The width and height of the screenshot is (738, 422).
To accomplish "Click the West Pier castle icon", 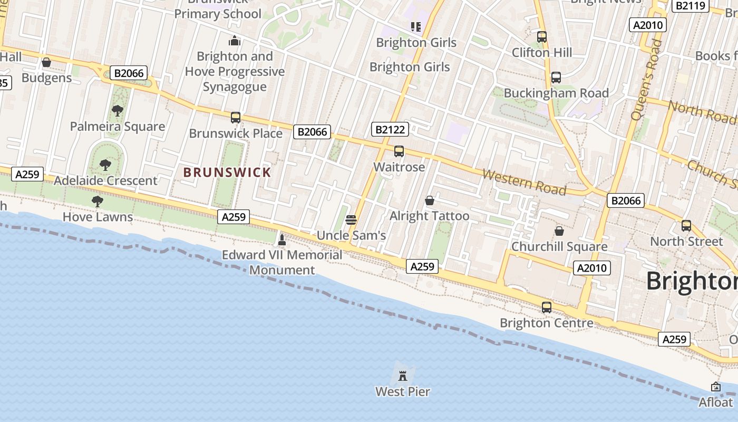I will click(403, 376).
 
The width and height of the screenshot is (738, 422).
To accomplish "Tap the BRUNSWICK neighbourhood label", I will click(227, 172).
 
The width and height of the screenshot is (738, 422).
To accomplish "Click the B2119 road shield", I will click(690, 5).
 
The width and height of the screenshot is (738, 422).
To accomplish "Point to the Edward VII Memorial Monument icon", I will click(282, 241).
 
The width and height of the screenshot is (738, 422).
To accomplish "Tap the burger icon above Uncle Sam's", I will click(352, 220).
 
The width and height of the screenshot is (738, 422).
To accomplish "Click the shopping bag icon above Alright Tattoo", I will click(430, 200).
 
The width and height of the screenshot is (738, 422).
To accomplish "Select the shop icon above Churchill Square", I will click(559, 231).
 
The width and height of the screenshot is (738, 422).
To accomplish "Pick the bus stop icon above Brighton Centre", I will click(547, 307).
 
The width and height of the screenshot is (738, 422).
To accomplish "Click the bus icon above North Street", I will click(686, 226).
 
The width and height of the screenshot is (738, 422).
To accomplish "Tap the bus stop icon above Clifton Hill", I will click(542, 37).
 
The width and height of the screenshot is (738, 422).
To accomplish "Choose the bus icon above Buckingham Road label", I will click(556, 78).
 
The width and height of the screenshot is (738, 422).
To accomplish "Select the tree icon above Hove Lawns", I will click(97, 201).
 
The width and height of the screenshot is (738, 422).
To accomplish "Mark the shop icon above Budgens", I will click(46, 62).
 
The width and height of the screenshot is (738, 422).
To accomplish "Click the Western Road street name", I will click(524, 182).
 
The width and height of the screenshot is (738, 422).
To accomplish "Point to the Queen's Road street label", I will click(646, 79).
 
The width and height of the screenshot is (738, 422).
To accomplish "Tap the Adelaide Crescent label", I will click(105, 180).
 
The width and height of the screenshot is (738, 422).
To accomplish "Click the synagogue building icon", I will click(235, 41).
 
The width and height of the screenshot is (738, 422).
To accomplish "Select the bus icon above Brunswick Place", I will click(236, 118).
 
